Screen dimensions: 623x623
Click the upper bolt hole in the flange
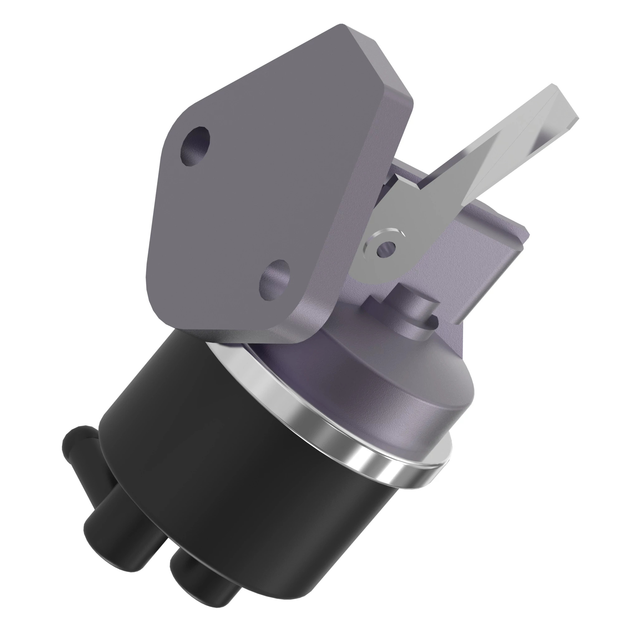pos(195,146)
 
